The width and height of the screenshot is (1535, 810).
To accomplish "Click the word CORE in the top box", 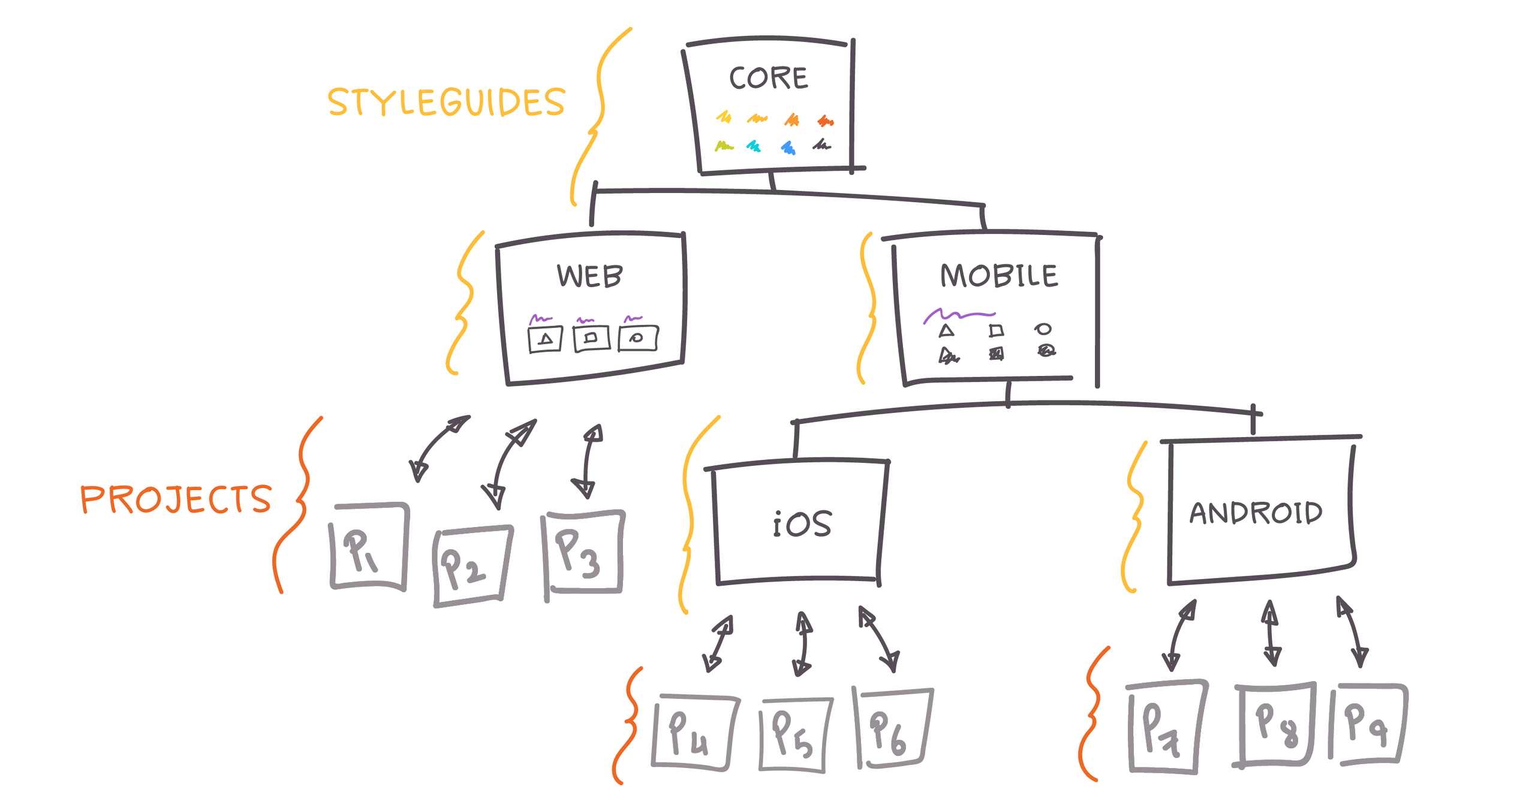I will (767, 79).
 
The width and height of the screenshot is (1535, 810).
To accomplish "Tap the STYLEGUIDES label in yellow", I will (446, 102).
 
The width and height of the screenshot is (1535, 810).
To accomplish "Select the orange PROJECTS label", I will (176, 499).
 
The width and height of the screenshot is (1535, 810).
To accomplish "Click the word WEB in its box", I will (589, 276).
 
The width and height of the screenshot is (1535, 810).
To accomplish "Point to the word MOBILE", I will (998, 276).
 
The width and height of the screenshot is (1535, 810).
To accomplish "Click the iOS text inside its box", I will (802, 524).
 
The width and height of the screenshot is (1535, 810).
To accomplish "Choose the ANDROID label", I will (1256, 513).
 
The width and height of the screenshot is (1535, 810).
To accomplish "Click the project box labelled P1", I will (369, 547).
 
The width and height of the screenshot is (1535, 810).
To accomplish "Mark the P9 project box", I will (1367, 724).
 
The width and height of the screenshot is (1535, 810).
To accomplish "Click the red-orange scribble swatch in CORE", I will (826, 122).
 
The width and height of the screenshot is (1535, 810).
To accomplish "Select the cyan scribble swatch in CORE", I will (754, 146).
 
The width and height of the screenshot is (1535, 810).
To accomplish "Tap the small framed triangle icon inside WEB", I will (545, 339).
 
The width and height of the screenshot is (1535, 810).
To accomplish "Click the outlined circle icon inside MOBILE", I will (1043, 329).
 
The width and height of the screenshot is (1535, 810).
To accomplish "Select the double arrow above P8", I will (1271, 633).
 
